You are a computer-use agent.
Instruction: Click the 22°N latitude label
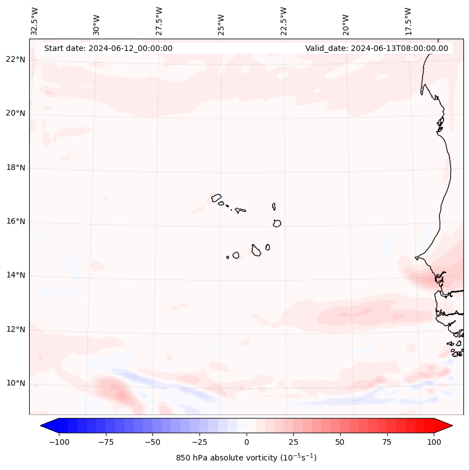pos(16,59)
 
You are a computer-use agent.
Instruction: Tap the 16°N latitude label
pos(16,221)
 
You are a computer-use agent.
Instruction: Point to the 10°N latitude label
pos(16,384)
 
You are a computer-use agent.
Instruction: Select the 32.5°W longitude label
pos(35,21)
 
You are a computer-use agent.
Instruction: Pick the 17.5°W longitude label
pos(408,21)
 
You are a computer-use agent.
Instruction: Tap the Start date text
pos(108,48)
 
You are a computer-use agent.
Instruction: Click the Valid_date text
pos(377,48)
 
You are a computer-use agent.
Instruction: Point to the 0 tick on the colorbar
pos(247,442)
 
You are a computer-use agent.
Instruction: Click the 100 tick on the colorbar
pos(434,442)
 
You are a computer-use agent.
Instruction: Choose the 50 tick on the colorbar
pos(340,442)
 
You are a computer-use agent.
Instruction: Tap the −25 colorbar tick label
pos(199,442)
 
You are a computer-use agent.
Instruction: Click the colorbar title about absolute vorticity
pos(246,458)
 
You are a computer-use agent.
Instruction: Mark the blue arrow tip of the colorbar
pos(42,426)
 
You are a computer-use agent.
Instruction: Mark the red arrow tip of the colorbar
pos(451,426)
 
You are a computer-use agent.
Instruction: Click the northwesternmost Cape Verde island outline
pos(216,197)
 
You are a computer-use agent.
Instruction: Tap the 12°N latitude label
pos(16,329)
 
